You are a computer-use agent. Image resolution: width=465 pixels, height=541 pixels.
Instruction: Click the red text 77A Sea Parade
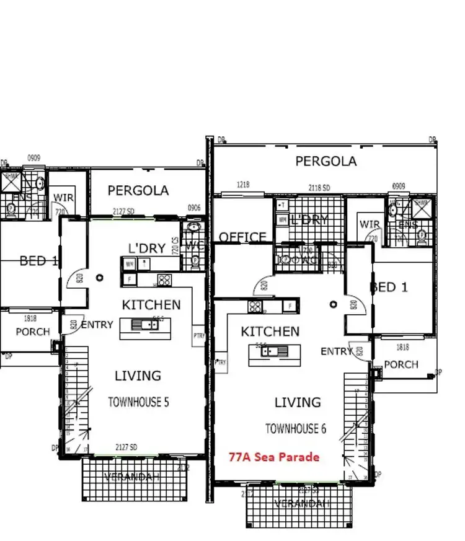pyautogui.click(x=273, y=457)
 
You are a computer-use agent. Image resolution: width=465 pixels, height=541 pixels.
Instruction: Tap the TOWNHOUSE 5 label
pyautogui.click(x=138, y=402)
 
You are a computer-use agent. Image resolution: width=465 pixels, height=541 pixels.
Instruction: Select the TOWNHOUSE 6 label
pyautogui.click(x=295, y=428)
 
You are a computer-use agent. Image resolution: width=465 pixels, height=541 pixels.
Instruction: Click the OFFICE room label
pyautogui.click(x=242, y=237)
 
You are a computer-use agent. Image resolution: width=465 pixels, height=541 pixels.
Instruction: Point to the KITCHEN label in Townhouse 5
pyautogui.click(x=151, y=304)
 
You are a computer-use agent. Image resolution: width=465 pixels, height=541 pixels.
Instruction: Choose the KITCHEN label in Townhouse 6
pyautogui.click(x=270, y=332)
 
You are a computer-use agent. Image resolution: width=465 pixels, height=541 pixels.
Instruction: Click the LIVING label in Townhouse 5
pyautogui.click(x=138, y=376)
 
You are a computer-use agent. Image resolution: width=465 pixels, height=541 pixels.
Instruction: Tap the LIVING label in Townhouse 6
pyautogui.click(x=298, y=402)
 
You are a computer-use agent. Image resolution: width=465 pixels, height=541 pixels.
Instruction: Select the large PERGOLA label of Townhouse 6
pyautogui.click(x=325, y=161)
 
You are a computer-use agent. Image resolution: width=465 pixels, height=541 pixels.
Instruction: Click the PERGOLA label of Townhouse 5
pyautogui.click(x=138, y=190)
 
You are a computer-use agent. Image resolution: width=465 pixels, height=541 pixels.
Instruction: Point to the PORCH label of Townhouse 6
pyautogui.click(x=401, y=364)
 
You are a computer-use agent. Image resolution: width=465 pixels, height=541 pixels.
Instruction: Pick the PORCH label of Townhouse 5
pyautogui.click(x=32, y=332)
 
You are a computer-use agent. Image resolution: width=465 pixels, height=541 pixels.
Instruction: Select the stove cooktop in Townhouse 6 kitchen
pyautogui.click(x=254, y=306)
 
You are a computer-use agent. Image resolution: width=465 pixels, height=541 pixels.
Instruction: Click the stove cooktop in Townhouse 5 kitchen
pyautogui.click(x=164, y=279)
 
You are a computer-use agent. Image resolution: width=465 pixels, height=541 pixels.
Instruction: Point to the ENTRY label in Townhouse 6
pyautogui.click(x=336, y=351)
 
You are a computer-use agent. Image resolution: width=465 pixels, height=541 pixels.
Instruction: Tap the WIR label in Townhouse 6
pyautogui.click(x=370, y=224)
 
